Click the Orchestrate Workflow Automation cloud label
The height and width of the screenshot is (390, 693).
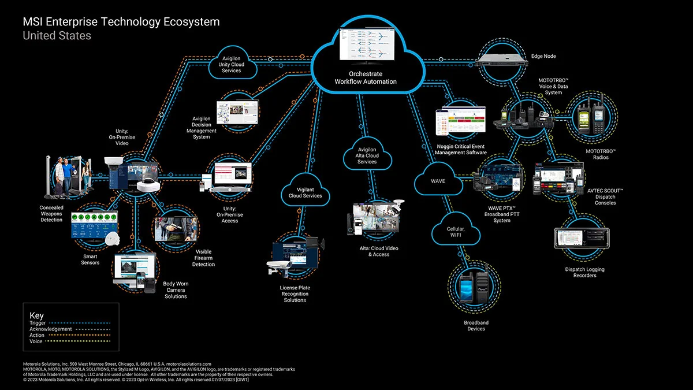366,78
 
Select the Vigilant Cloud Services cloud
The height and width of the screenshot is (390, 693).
305,192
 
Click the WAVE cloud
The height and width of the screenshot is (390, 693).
438,181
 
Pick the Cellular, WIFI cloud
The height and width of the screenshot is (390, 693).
456,232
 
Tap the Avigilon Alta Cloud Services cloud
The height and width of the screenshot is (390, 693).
367,154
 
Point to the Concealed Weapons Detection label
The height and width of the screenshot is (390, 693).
51,213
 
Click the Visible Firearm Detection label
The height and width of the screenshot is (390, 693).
203,258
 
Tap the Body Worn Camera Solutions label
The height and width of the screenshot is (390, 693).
176,290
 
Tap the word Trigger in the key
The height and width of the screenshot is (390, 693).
38,323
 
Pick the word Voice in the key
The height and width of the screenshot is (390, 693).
36,341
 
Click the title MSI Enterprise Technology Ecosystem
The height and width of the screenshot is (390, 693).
121,22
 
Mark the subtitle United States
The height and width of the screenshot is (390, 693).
57,36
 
